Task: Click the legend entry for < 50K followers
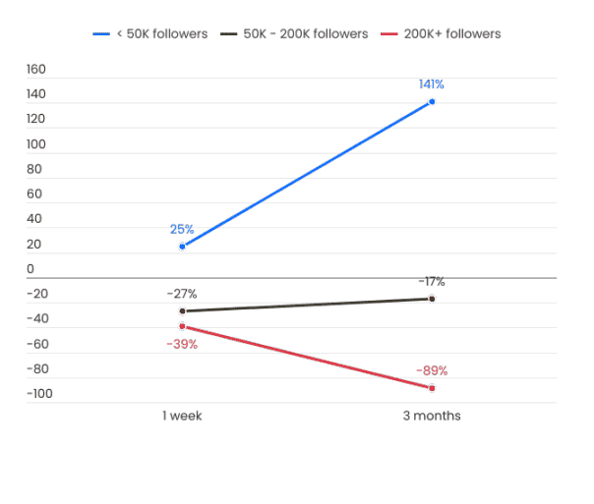150,34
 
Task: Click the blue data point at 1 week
182,246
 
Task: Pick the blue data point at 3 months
432,101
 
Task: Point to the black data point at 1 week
182,310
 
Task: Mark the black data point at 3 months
432,299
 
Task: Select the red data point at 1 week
182,325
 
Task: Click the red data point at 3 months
432,388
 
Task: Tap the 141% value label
431,84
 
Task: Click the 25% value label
182,229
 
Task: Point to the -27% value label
182,294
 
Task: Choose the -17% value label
431,282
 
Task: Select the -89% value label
432,371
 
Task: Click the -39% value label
184,344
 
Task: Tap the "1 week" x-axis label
182,416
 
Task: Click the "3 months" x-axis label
432,416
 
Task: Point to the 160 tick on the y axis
36,69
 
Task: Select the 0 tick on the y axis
30,269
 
